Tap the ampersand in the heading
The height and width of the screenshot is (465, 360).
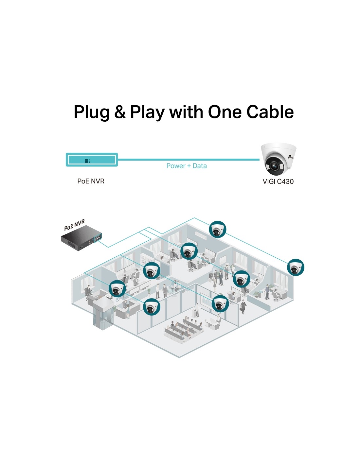click(x=120, y=112)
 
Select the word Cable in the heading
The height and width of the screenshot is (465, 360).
click(x=270, y=112)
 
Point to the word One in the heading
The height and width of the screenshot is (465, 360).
click(x=225, y=112)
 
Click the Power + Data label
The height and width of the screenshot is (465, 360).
click(x=187, y=166)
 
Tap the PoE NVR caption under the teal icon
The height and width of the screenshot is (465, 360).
click(x=91, y=181)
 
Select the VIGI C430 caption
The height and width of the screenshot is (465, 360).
click(x=278, y=181)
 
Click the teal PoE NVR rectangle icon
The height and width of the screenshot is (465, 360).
click(x=92, y=160)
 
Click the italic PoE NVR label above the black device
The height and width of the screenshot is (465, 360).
click(x=74, y=225)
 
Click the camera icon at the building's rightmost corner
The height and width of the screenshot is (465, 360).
click(x=296, y=267)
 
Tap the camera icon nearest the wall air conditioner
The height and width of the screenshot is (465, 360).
click(x=218, y=229)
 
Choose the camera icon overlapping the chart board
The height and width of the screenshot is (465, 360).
click(x=220, y=304)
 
